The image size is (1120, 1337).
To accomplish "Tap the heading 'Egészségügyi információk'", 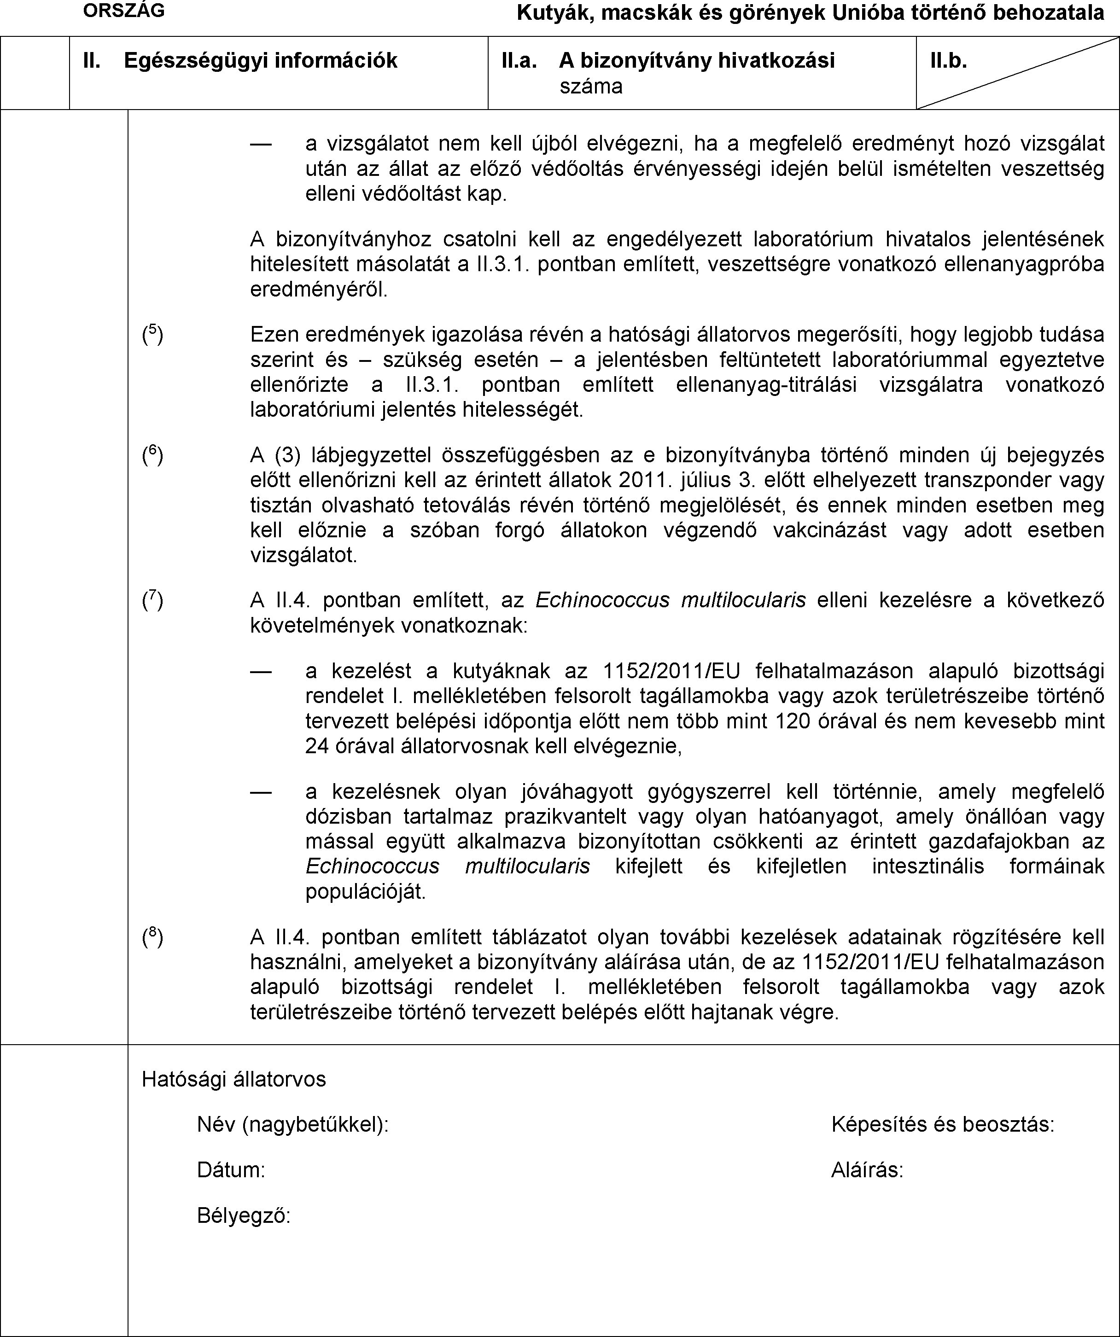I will tap(260, 60).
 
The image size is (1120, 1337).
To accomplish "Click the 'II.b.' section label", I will tap(948, 60).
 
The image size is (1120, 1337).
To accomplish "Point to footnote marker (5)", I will tap(152, 334).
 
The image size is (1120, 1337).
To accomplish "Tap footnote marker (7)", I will tap(152, 600).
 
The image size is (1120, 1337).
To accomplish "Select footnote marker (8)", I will tap(152, 937).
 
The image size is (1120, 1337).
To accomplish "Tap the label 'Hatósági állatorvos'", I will tap(233, 1079).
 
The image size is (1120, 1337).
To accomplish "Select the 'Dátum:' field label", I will tap(231, 1170).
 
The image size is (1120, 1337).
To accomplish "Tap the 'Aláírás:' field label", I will tap(867, 1170).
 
